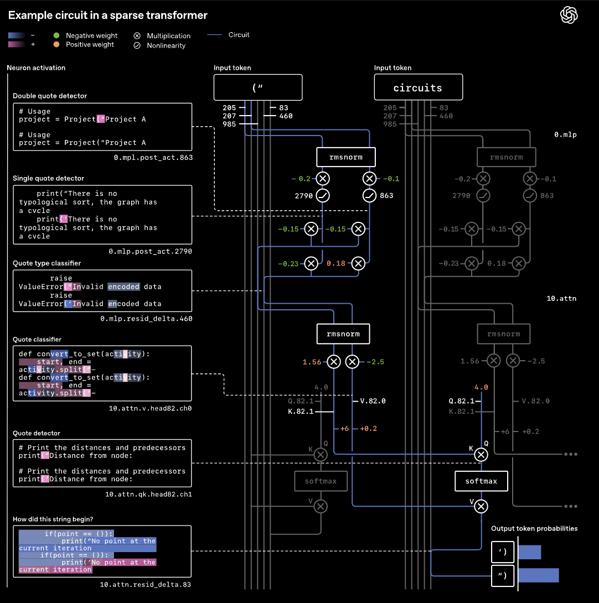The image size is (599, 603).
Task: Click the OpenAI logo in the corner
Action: click(569, 15)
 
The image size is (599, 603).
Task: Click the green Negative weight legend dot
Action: click(56, 35)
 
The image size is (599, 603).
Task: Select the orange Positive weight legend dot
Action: click(56, 44)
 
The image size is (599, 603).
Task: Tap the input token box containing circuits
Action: click(417, 87)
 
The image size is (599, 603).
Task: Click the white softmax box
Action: click(481, 481)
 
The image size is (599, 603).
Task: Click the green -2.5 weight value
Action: click(375, 362)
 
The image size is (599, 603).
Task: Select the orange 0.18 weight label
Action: click(336, 263)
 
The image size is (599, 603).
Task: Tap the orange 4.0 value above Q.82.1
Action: click(481, 387)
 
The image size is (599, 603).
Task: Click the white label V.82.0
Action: click(373, 401)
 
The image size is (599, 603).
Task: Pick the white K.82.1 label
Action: click(301, 412)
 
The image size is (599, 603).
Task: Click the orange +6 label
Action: click(344, 429)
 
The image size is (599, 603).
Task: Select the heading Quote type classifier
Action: click(47, 263)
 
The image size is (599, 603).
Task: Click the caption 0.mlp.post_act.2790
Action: click(150, 252)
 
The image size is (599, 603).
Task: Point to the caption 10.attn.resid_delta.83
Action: click(146, 584)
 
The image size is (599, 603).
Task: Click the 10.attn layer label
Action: click(561, 299)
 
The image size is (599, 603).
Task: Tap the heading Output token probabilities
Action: click(534, 529)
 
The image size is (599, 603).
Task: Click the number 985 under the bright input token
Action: click(229, 124)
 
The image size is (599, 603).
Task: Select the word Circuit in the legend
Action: click(239, 35)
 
